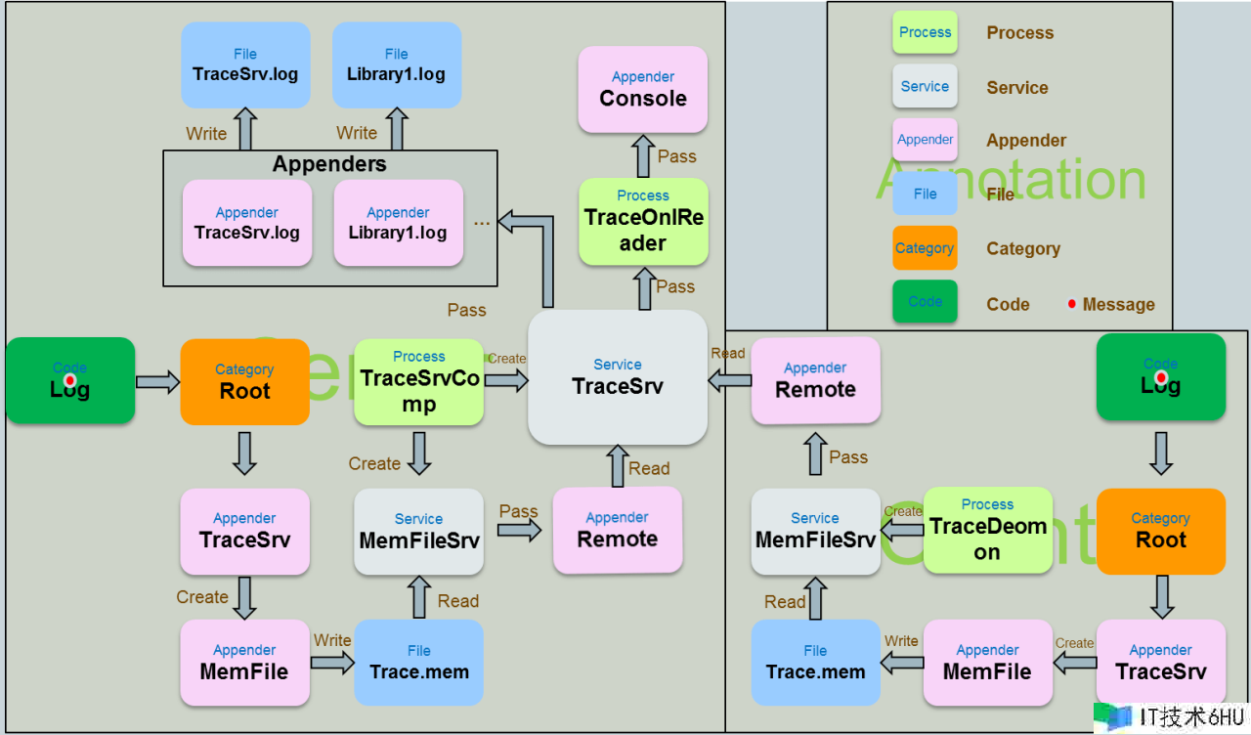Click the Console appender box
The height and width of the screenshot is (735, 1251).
coord(642,89)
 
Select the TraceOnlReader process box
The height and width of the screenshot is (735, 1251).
coord(642,221)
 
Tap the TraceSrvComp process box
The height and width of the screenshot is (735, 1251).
coord(418,381)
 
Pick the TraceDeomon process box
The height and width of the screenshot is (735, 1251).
coord(987,530)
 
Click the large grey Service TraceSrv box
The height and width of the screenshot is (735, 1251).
coord(617,377)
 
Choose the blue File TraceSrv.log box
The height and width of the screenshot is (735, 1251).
coord(245,65)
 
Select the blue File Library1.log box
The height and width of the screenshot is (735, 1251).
coord(396,65)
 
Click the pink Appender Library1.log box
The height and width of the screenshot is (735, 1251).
coord(398,223)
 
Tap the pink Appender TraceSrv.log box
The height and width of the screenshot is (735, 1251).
coord(246,223)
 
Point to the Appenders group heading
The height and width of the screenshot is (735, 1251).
coord(329,164)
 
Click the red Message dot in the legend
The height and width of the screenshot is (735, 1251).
coord(1071,304)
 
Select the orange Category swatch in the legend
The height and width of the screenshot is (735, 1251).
coord(924,248)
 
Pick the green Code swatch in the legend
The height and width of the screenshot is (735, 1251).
coord(924,301)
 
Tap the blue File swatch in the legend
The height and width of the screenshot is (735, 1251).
coord(924,194)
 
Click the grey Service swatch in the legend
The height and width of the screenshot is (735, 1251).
coord(924,86)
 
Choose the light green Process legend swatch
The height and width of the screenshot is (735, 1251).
coord(924,32)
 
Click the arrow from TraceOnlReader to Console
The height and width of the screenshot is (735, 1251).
coord(642,155)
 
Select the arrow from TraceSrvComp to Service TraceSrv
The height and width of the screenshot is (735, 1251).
coord(505,379)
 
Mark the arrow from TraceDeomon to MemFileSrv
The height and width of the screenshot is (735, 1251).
coord(901,530)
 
